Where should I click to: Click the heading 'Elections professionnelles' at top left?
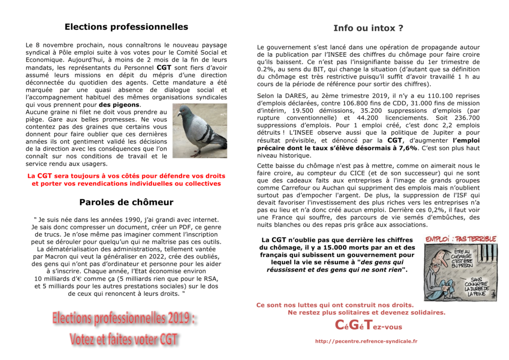click(x=126, y=27)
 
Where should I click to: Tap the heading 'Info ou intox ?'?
click(x=368, y=28)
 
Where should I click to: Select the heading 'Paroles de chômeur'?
click(x=126, y=202)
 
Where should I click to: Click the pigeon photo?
click(x=200, y=130)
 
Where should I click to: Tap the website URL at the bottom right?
click(x=366, y=341)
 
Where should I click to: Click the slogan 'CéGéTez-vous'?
click(x=368, y=326)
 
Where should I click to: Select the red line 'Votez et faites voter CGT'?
click(x=123, y=339)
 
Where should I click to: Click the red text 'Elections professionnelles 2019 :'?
click(x=124, y=318)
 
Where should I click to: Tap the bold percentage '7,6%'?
click(x=408, y=148)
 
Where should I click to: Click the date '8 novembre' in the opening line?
click(x=56, y=45)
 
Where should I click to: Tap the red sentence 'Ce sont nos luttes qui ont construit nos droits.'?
click(x=335, y=305)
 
